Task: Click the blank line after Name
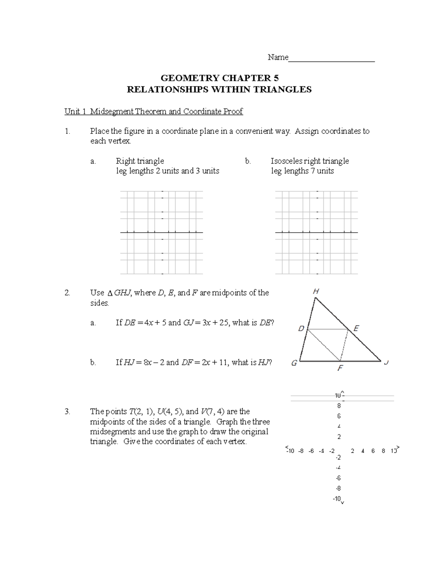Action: tap(331, 59)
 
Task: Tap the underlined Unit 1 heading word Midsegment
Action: tap(112, 112)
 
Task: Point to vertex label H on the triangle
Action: tap(316, 291)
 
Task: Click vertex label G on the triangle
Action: tap(294, 364)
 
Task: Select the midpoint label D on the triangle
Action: tap(301, 328)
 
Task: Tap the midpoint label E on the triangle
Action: tap(356, 328)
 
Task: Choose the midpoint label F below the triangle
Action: tap(340, 368)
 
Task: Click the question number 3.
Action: tap(67, 411)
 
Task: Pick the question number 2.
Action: tap(67, 293)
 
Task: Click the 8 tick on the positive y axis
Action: tap(339, 406)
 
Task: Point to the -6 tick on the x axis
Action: tap(311, 451)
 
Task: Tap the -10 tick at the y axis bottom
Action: tap(336, 499)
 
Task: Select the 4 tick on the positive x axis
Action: tap(363, 451)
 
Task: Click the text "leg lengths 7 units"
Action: tap(302, 171)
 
